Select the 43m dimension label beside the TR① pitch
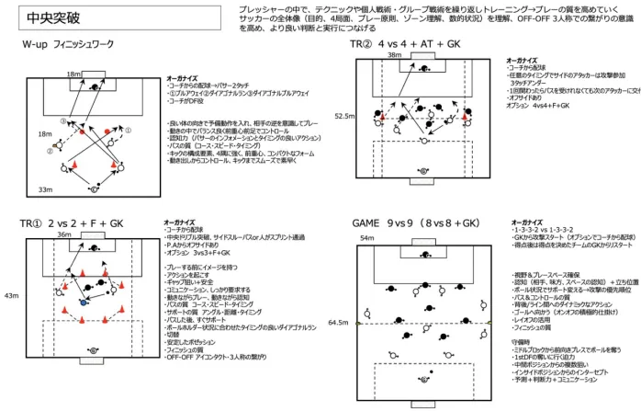tap(12, 296)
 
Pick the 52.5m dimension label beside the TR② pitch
tap(344, 117)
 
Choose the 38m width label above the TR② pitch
tap(395, 55)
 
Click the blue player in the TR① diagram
tap(84, 302)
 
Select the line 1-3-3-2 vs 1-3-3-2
tap(539, 230)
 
